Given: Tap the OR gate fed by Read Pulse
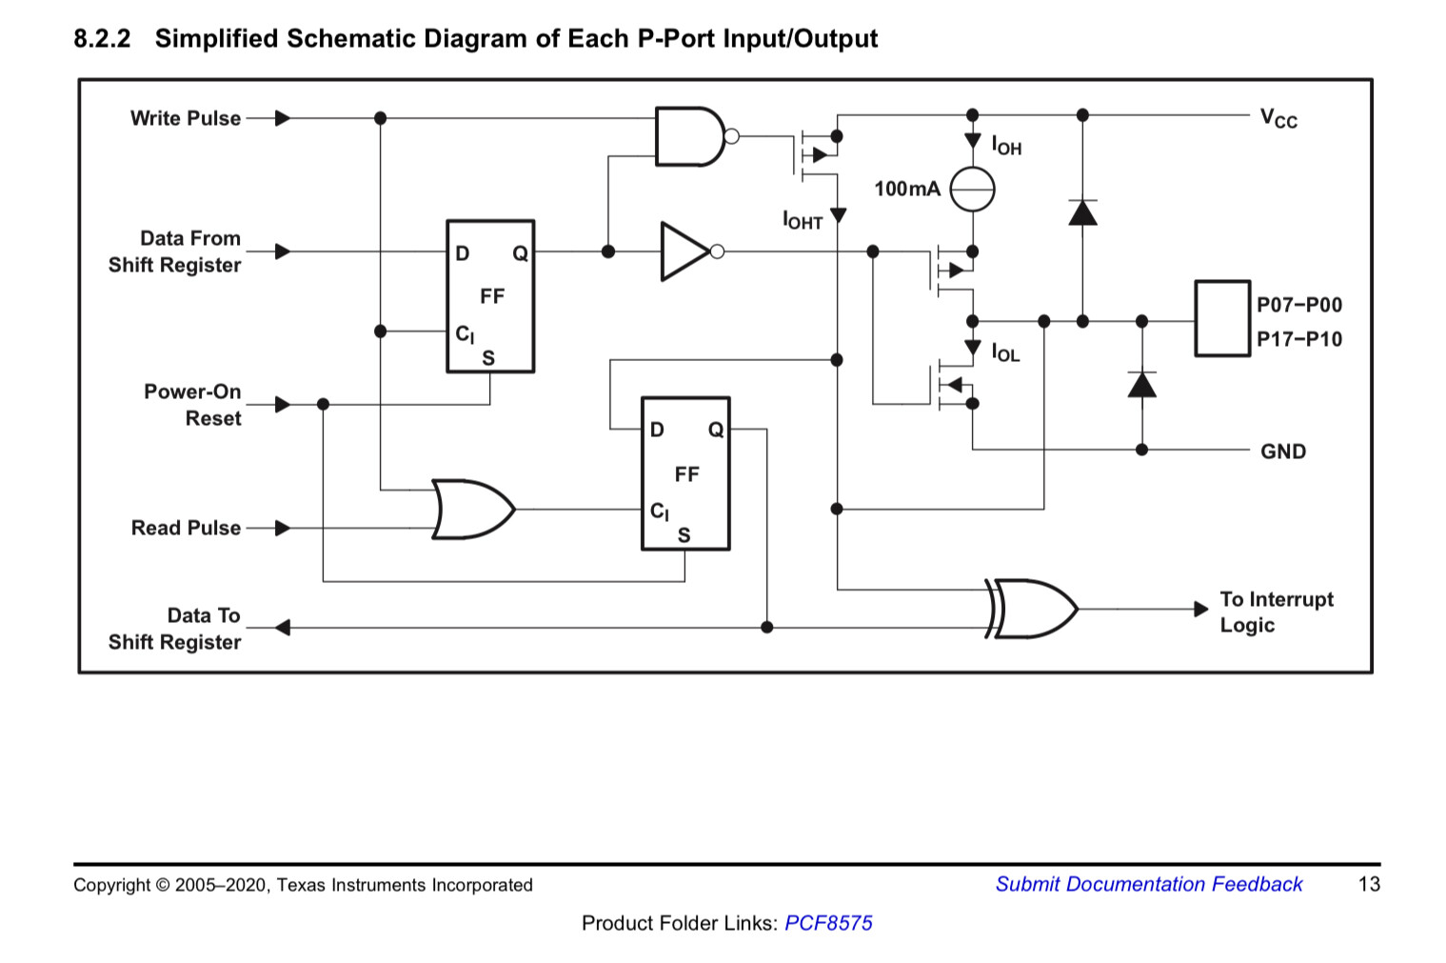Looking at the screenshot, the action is (x=472, y=509).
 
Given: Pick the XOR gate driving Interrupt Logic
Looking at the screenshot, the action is (x=1032, y=609).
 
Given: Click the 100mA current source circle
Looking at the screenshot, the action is (x=972, y=189).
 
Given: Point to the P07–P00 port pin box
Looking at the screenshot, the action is (x=1222, y=318).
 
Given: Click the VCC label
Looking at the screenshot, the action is (x=1278, y=119).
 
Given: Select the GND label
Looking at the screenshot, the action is (x=1282, y=451).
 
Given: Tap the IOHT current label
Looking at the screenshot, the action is (x=802, y=220).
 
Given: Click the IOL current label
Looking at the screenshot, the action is (x=1006, y=352).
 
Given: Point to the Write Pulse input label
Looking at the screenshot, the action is (x=186, y=118).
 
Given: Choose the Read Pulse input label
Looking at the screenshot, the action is (x=186, y=528).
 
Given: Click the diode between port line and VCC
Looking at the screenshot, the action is (x=1082, y=212).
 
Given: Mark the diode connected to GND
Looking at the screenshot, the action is (x=1141, y=384).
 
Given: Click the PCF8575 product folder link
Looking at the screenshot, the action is (x=828, y=923).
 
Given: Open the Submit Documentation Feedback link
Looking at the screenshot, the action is (x=1148, y=884).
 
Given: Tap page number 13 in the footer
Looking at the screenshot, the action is (x=1369, y=884).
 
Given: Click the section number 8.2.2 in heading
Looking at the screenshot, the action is (x=102, y=39).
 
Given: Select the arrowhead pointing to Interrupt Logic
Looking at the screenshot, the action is (x=1200, y=609).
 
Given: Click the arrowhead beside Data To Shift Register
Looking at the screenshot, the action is (x=282, y=627).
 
